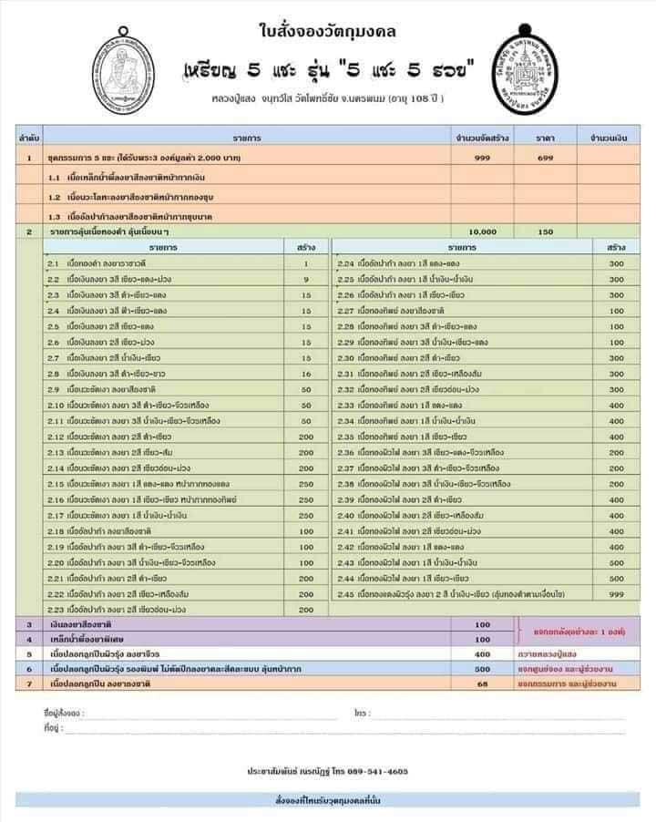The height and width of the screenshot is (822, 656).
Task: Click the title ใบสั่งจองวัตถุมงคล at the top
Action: [x=328, y=33]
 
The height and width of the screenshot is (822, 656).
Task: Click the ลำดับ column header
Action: [x=28, y=138]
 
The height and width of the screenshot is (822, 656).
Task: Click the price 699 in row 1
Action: [x=545, y=158]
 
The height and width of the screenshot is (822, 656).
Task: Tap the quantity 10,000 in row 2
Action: [x=482, y=232]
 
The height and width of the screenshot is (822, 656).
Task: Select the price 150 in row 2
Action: [x=545, y=232]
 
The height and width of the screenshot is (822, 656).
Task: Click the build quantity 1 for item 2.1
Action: [x=306, y=263]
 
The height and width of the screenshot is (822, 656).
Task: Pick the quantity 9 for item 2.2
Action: [x=306, y=279]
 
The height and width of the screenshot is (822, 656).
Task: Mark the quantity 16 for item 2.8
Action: [x=306, y=374]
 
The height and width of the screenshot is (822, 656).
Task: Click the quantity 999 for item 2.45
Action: [x=617, y=594]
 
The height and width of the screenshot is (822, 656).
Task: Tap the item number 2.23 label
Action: [x=56, y=610]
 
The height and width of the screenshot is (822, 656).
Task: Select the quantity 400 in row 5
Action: [x=482, y=654]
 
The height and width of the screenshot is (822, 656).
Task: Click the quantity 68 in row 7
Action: [x=482, y=683]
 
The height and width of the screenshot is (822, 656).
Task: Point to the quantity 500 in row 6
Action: [x=482, y=669]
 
